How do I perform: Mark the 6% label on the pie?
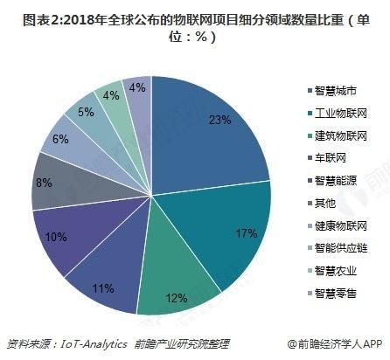click(60, 140)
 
